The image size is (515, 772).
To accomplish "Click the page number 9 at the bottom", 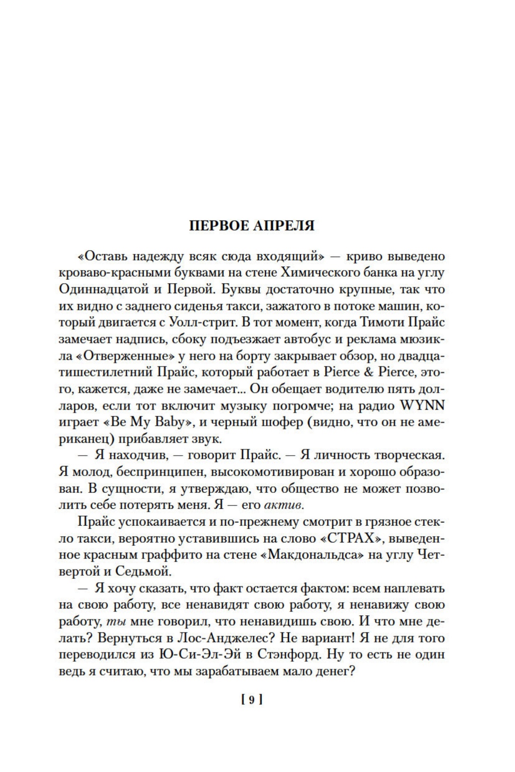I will click(251, 700).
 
